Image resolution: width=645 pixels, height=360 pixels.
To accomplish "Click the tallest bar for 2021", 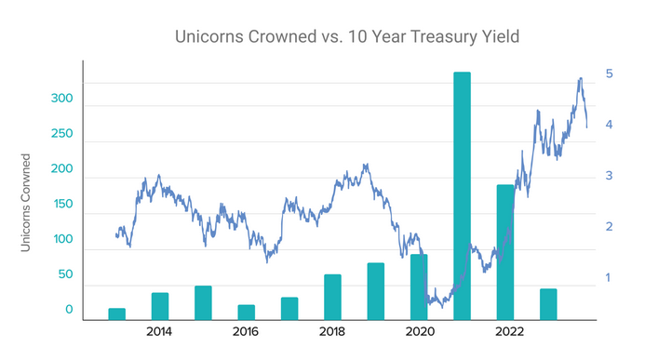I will (462, 195).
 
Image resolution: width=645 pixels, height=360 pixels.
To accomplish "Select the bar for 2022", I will (504, 252).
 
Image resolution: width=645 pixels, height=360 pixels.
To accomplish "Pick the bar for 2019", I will (376, 291).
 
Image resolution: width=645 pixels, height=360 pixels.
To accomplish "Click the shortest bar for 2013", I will (116, 313).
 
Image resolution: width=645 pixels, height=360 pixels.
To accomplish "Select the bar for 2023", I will (548, 304).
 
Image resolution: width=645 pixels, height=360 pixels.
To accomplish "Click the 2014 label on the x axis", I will (159, 332).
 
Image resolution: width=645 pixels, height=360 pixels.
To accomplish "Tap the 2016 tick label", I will (246, 332).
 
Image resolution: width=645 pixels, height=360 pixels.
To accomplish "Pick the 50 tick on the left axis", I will (61, 274).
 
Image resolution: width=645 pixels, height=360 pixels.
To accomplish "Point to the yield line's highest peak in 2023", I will (581, 79).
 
